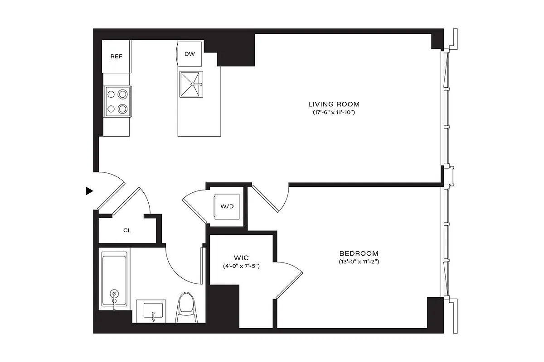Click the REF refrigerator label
[x=117, y=57]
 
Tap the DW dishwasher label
[x=189, y=54]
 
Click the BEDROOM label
[x=359, y=253]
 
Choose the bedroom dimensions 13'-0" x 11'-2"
[x=359, y=262]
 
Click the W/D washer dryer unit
[x=227, y=207]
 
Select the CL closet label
[x=127, y=230]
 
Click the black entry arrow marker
[x=89, y=191]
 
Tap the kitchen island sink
[x=191, y=84]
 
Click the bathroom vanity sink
[x=153, y=311]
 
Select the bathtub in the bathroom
[x=115, y=281]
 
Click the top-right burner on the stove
[x=122, y=95]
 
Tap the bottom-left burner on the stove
[x=111, y=109]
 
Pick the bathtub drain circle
[x=115, y=294]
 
